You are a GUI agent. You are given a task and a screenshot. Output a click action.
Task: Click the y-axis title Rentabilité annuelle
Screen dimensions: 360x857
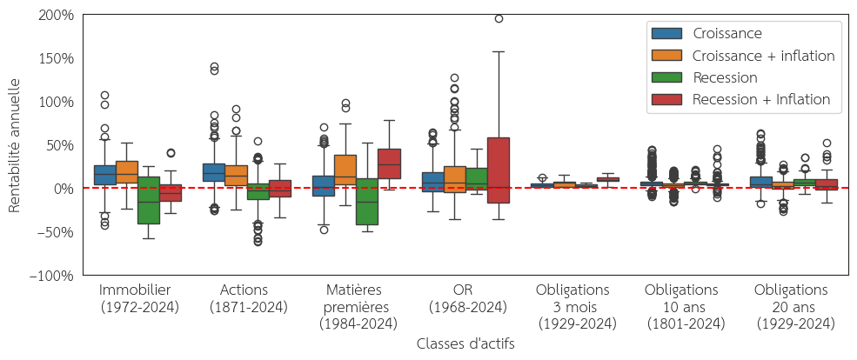(14, 145)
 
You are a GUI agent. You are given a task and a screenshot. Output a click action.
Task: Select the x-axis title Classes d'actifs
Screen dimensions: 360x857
(465, 344)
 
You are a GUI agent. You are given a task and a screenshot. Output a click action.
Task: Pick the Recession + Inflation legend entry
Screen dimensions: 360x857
(761, 100)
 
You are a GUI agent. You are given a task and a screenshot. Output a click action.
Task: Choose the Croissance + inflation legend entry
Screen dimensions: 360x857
(763, 56)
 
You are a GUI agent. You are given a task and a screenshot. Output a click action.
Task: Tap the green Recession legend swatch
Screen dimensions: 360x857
(666, 78)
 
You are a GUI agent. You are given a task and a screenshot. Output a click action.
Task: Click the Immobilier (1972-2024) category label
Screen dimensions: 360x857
(139, 298)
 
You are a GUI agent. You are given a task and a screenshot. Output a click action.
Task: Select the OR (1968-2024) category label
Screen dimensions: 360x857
(467, 298)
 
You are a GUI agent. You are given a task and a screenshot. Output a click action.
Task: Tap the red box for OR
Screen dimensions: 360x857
(498, 170)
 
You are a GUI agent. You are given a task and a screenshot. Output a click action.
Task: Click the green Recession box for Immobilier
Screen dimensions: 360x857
(149, 200)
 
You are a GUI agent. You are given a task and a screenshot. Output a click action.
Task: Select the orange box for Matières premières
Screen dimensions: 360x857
(345, 170)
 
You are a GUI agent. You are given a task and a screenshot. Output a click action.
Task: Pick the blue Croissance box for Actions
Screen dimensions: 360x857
(214, 172)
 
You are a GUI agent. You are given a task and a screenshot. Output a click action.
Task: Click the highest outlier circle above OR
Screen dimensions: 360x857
(499, 18)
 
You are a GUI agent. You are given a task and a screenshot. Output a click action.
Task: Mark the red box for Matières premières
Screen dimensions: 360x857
(389, 163)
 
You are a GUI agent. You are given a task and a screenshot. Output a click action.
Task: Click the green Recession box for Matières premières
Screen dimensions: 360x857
(367, 202)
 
